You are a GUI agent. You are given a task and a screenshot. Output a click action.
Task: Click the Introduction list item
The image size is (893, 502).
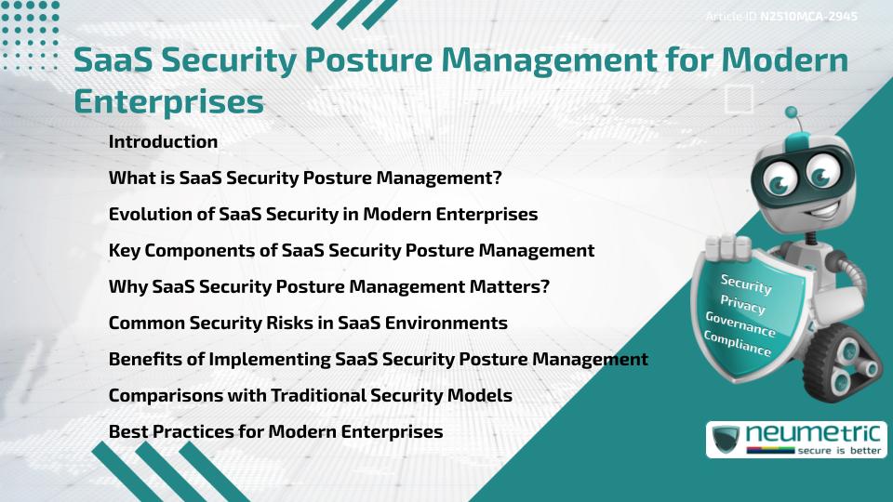(x=163, y=142)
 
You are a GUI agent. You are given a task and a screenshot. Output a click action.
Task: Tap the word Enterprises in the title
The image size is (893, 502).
(x=168, y=101)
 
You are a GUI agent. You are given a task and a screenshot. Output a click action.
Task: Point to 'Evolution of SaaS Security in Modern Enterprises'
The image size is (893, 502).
(x=323, y=214)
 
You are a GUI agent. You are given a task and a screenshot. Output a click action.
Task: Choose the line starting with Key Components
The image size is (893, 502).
(x=351, y=250)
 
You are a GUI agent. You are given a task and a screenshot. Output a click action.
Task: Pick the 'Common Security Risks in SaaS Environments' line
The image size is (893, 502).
(x=308, y=323)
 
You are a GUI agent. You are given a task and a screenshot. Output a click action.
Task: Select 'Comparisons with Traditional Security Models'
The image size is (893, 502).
(x=310, y=395)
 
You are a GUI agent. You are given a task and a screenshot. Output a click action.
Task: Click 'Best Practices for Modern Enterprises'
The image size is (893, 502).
(x=275, y=431)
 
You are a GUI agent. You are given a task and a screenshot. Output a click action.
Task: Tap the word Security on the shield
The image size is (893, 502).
(x=746, y=284)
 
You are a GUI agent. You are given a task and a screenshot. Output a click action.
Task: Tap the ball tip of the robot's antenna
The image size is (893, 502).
(x=793, y=113)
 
